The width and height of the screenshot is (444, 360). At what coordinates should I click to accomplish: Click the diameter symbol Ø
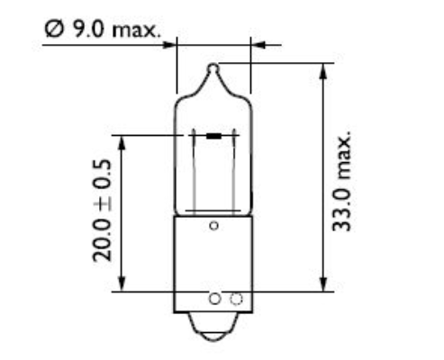[51, 31]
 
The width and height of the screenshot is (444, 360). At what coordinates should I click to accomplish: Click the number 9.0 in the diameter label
[86, 31]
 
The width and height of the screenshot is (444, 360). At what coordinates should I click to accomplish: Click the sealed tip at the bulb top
[213, 67]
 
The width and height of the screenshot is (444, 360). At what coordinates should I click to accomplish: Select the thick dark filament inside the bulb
[213, 137]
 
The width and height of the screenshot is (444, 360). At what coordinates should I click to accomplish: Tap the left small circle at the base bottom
[214, 299]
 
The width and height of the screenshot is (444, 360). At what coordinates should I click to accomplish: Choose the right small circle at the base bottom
[237, 299]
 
